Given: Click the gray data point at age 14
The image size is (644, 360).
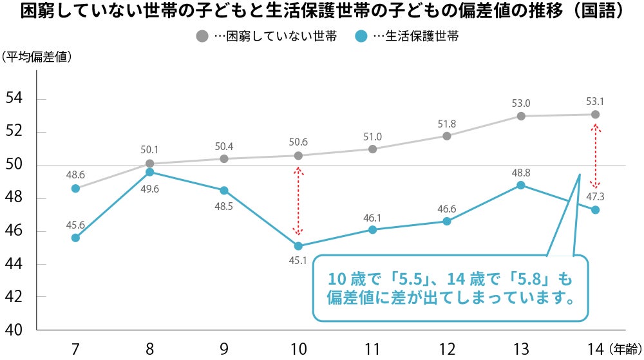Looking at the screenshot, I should click(595, 115).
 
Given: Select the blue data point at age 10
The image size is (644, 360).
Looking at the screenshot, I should click(298, 246).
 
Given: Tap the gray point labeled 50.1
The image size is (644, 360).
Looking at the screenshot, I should click(149, 164).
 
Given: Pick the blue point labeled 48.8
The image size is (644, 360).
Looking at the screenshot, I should click(521, 185).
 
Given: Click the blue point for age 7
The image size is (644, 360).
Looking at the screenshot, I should click(75, 238).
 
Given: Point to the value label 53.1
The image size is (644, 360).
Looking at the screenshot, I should click(596, 101).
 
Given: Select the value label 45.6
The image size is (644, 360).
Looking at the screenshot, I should click(75, 224).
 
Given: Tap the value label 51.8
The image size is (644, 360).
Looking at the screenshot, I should click(446, 123).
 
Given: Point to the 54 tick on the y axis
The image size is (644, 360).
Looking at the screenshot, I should click(14, 99).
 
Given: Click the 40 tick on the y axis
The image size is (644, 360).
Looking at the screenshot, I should click(14, 330).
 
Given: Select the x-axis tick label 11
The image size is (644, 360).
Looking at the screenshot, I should click(372, 348).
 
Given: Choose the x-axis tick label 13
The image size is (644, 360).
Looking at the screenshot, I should click(520, 348).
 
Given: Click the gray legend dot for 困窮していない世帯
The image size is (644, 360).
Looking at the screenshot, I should click(202, 37).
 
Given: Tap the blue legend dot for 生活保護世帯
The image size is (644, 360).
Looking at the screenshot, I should click(360, 37).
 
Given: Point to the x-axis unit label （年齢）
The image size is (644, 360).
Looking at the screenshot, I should click(625, 349).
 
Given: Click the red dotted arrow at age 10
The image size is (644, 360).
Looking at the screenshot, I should click(298, 201).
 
